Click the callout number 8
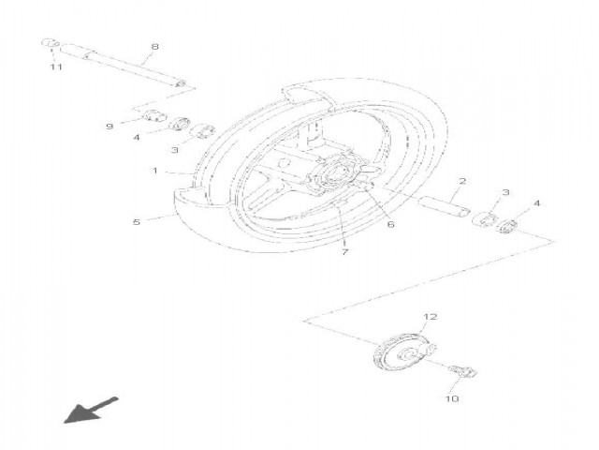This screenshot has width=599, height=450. pos(154,47)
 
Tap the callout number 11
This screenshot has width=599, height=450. pos(56,67)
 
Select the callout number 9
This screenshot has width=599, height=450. pos(110,127)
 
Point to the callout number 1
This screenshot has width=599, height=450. pos(155,171)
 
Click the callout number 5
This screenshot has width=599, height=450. pos(137,222)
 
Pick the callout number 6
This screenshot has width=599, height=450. pos(390,224)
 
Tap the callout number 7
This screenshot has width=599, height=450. pos(345,252)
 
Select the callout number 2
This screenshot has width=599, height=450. pos(462,181)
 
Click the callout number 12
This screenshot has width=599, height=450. pos(431,317)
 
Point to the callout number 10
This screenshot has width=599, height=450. pos(452,398)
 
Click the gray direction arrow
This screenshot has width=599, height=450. pos(91,411)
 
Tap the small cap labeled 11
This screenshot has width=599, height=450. pos(51,43)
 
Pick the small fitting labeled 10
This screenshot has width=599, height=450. pos(463,371)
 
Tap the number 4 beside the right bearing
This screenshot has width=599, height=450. pos(536,203)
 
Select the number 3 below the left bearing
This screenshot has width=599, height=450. pos(175,150)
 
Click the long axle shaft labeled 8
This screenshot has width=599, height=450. pos(123,65)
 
